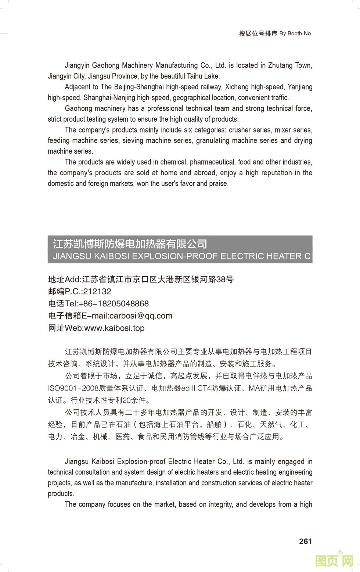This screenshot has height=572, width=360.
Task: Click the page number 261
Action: [x=305, y=541]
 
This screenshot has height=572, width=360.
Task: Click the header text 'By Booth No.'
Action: [x=296, y=33]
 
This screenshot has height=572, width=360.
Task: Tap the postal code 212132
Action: [x=97, y=292]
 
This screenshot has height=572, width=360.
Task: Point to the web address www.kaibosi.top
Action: [x=114, y=328]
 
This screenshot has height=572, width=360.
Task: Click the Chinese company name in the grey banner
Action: [x=130, y=244]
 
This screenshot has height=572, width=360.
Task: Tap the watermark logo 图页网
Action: [x=334, y=561]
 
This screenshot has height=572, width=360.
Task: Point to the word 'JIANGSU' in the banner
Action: [x=72, y=256]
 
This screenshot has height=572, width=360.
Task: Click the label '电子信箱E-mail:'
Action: [x=78, y=316]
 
